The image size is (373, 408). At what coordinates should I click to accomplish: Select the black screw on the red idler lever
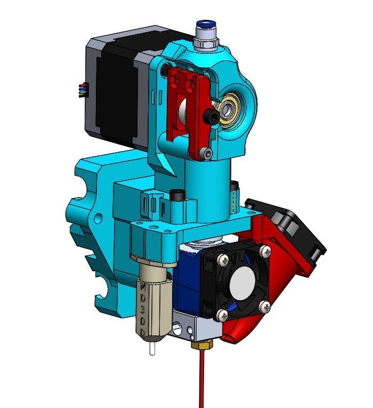(x=213, y=116)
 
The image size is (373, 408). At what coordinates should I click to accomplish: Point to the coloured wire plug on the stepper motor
(x=81, y=90)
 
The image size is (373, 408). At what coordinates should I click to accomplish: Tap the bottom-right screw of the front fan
(x=265, y=306)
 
